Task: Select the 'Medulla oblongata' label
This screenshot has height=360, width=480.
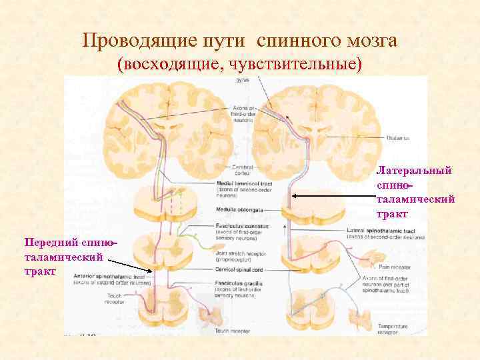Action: point(238,209)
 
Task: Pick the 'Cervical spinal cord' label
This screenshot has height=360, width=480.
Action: point(241,269)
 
